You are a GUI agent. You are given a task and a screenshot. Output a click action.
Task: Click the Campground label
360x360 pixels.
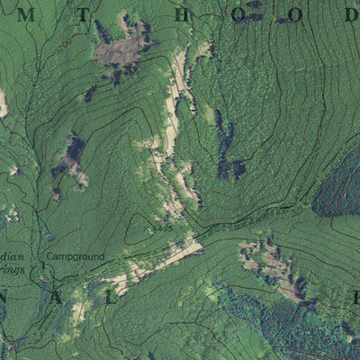(x=75, y=256)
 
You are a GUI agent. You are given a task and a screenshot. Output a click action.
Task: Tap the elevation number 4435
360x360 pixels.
(x=163, y=229)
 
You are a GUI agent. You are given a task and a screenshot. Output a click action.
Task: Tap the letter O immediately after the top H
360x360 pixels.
(x=237, y=14)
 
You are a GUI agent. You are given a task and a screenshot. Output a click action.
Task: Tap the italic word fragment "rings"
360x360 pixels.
(x=13, y=267)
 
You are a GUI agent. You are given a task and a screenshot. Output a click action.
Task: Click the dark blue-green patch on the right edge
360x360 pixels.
(x=339, y=184)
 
